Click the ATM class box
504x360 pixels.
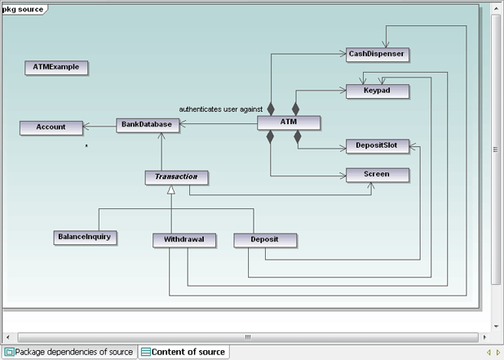(289, 122)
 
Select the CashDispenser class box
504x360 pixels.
(376, 54)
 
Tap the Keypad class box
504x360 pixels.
(376, 91)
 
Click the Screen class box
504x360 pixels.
(376, 174)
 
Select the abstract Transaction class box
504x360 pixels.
(176, 176)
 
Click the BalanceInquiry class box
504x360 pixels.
(85, 237)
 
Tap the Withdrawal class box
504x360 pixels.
(183, 240)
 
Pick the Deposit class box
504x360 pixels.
(265, 240)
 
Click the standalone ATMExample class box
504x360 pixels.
(56, 67)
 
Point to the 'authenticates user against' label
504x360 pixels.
(220, 109)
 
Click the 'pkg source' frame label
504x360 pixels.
(24, 7)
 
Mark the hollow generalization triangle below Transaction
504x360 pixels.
(171, 189)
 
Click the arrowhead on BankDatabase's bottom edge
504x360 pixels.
(161, 135)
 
